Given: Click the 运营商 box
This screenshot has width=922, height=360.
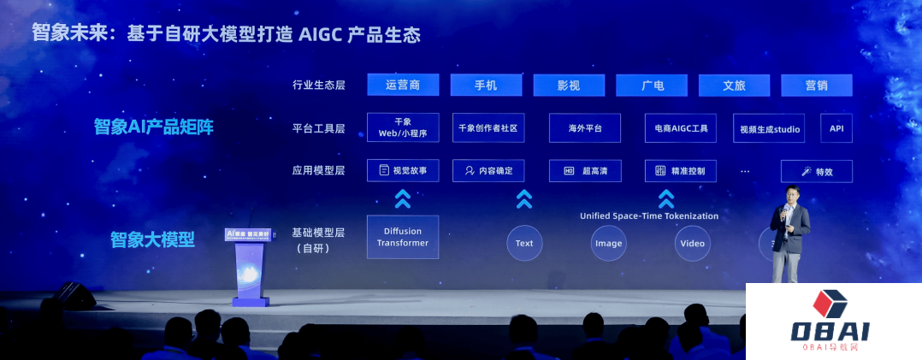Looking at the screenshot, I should [403, 85].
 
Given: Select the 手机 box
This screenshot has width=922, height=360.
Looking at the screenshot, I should [485, 85].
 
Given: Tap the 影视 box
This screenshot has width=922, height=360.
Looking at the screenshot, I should [568, 85].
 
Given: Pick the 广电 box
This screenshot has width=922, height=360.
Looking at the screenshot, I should [652, 85].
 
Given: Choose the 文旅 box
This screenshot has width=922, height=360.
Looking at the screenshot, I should [734, 85].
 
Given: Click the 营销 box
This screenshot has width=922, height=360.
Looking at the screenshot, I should [816, 85].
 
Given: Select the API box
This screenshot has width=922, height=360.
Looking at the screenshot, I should [836, 128].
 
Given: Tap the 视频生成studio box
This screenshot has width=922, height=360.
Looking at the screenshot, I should [767, 128].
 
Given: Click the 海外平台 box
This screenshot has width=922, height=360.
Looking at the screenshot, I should [585, 128].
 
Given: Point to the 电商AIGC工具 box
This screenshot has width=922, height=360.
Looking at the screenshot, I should [680, 128].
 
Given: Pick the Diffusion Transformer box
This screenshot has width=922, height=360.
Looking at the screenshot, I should [403, 237].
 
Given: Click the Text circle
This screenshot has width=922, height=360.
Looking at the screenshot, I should [524, 243].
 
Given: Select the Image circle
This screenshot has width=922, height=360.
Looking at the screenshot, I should [608, 243].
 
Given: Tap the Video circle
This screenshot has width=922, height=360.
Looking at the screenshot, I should [692, 243].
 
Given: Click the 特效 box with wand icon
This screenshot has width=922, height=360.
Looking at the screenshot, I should [816, 171].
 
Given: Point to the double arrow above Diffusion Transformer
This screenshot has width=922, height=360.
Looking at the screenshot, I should [403, 199].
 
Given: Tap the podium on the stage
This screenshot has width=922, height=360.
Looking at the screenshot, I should [247, 265].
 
